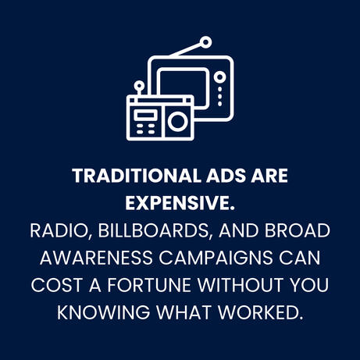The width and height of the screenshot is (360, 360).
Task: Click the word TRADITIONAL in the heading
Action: coord(137,176)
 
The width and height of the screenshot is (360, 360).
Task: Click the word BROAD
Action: coord(298,230)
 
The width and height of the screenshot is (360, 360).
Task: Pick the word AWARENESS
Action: coord(96,258)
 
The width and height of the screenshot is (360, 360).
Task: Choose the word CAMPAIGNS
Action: coord(216,258)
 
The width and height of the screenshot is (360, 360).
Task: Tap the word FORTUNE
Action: coord(149,285)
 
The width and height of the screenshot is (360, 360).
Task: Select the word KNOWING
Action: coord(104,312)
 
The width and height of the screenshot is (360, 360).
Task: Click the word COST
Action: coord(57,285)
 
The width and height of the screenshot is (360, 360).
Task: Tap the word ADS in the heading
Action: coord(226,176)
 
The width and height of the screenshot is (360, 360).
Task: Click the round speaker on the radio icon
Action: coord(177,122)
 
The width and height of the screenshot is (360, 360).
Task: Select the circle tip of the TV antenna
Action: coord(205,42)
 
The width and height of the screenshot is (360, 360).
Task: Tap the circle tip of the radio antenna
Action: coord(139,85)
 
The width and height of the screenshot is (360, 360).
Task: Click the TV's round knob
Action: coord(220,77)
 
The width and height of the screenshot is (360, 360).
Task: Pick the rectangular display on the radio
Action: coord(145,115)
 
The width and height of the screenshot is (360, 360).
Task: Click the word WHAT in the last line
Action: coord(184,312)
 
